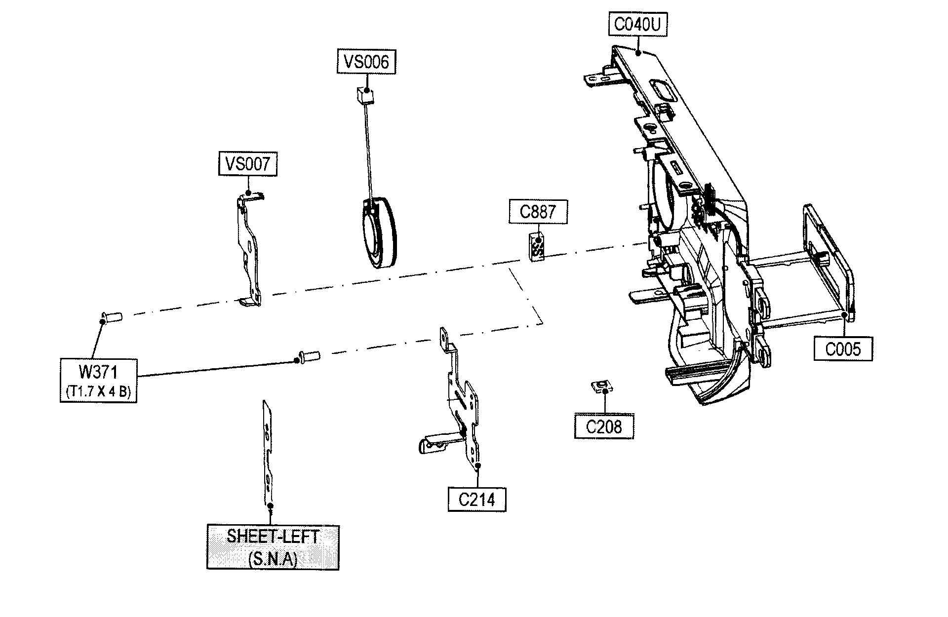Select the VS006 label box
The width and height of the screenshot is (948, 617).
[x=366, y=61]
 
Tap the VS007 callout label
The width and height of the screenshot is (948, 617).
[x=248, y=164]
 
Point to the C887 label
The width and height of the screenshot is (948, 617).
[x=538, y=212]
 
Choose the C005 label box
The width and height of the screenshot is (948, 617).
[x=843, y=349]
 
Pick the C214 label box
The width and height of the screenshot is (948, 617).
[x=477, y=500]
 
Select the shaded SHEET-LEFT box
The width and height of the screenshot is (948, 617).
[x=273, y=547]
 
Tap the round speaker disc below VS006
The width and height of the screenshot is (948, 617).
[x=378, y=233]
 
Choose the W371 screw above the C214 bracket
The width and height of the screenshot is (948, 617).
[x=308, y=356]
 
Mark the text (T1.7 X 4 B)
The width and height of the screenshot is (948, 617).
[x=98, y=392]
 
